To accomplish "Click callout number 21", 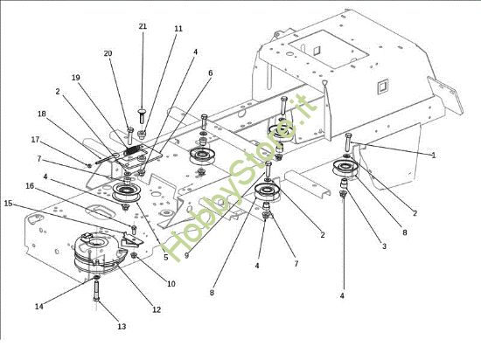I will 143,27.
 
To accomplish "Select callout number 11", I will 178,29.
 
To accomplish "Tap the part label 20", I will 108,53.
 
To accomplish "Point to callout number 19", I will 75,78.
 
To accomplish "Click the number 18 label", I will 41,114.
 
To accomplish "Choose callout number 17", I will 36,139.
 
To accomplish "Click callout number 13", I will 122,327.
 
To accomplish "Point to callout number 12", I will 157,309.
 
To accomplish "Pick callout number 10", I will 171,284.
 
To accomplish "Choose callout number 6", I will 210,73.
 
